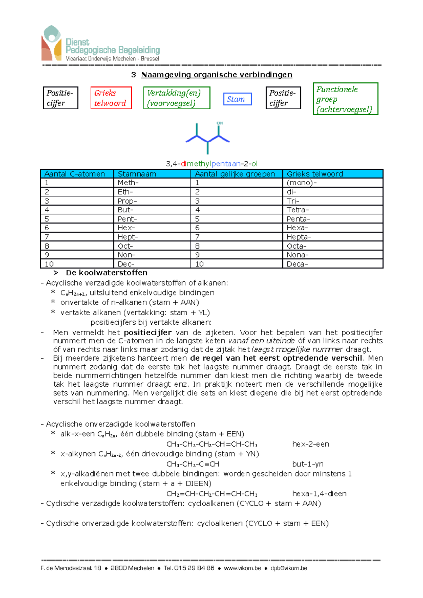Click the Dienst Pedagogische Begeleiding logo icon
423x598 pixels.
click(x=51, y=43)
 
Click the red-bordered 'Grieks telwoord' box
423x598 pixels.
click(x=111, y=98)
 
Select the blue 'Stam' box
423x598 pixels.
click(x=237, y=99)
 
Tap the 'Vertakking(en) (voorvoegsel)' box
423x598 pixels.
click(x=176, y=98)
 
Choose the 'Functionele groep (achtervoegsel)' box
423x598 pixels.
click(x=345, y=99)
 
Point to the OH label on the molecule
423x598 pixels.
click(x=220, y=123)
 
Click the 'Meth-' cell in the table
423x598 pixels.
click(x=128, y=183)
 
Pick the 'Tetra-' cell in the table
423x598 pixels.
click(x=298, y=210)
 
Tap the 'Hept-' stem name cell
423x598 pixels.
click(x=128, y=237)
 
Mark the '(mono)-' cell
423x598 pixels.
click(x=301, y=183)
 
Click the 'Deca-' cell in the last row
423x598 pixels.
click(x=297, y=264)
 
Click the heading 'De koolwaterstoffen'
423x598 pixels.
click(x=106, y=273)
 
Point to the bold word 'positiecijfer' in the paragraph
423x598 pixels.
click(x=148, y=332)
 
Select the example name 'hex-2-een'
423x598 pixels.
click(x=311, y=444)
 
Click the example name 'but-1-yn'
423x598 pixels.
click(x=308, y=464)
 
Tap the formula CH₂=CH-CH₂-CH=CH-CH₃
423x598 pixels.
click(x=212, y=494)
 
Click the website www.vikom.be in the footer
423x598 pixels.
click(x=243, y=568)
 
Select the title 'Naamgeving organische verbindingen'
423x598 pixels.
click(x=216, y=75)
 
